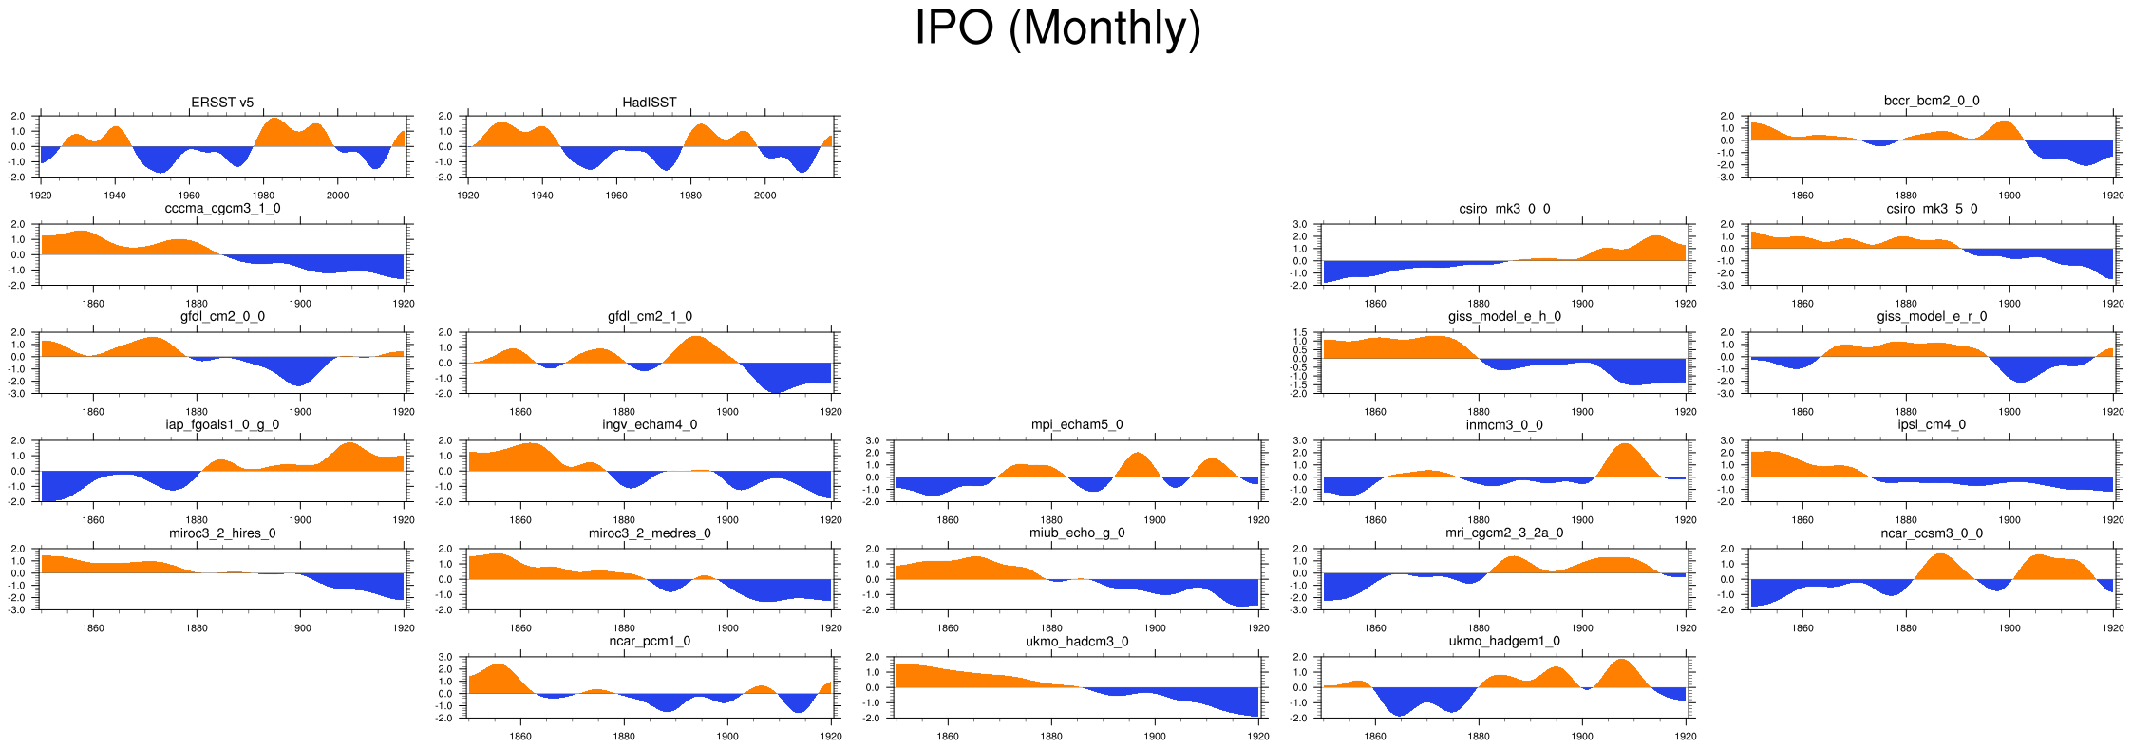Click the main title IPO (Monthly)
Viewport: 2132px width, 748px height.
(1057, 28)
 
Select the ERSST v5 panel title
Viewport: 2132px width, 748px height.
(222, 103)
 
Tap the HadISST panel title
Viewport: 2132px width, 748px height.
(650, 103)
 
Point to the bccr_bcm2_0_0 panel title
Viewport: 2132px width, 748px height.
(1932, 101)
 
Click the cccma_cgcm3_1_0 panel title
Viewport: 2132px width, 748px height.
(222, 209)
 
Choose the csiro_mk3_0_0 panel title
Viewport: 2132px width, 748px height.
(1504, 209)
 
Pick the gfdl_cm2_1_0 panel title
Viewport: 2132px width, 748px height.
(650, 317)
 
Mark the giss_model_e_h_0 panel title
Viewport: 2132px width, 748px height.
(1504, 317)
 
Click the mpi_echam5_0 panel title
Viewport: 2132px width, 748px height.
(1077, 425)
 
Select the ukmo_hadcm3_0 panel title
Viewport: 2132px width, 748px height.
(1077, 642)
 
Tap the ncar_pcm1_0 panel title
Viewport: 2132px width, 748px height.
(650, 642)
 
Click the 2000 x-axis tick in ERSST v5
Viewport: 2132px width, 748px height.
(337, 196)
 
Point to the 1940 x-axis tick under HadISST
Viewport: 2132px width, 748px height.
(542, 196)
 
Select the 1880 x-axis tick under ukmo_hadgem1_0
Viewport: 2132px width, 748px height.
(1479, 737)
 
